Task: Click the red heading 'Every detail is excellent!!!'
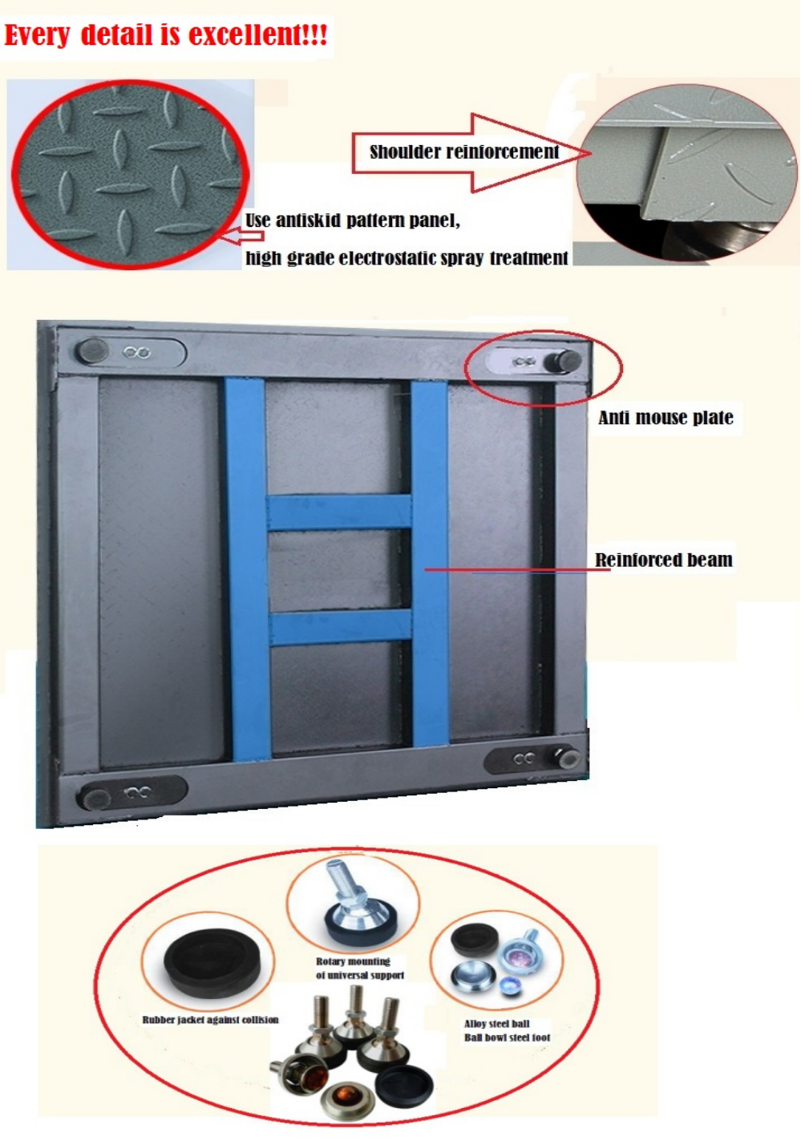pyautogui.click(x=165, y=34)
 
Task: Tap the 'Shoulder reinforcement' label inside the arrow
pyautogui.click(x=464, y=152)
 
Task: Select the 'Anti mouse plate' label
pyautogui.click(x=665, y=418)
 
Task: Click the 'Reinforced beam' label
pyautogui.click(x=664, y=560)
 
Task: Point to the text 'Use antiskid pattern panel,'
pyautogui.click(x=353, y=221)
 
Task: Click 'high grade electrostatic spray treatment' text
pyautogui.click(x=407, y=257)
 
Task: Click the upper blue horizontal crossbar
pyautogui.click(x=339, y=512)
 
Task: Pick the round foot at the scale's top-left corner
pyautogui.click(x=92, y=351)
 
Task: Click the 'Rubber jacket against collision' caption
pyautogui.click(x=210, y=1019)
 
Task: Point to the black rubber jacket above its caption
pyautogui.click(x=212, y=962)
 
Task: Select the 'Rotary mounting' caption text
pyautogui.click(x=354, y=961)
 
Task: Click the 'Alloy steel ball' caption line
pyautogui.click(x=497, y=1023)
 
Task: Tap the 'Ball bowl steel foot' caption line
pyautogui.click(x=507, y=1037)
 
